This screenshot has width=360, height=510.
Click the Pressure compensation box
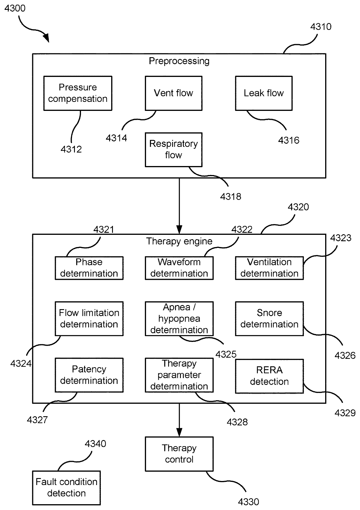coord(78,93)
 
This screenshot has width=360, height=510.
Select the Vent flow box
coord(173,93)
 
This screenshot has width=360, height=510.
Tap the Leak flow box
coord(264,93)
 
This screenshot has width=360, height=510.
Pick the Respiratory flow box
coord(173,149)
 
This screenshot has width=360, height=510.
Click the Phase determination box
coord(89,268)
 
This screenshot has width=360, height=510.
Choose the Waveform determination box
coord(179,268)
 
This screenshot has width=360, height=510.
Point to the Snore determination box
coord(269,318)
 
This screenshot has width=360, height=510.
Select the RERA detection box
coord(269,376)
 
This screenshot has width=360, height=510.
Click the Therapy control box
coord(179,454)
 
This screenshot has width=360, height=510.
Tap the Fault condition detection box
coord(66,488)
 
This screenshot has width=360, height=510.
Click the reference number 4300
coord(15,8)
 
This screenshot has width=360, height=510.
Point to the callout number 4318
coord(231,197)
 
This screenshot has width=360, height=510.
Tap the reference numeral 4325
coord(226,354)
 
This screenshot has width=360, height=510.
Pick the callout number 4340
coord(95,444)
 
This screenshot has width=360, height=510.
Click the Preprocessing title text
coord(179,61)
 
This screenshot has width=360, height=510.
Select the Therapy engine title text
coord(179,241)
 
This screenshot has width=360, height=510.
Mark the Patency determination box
coord(89,375)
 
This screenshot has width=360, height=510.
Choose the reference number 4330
coord(249,502)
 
